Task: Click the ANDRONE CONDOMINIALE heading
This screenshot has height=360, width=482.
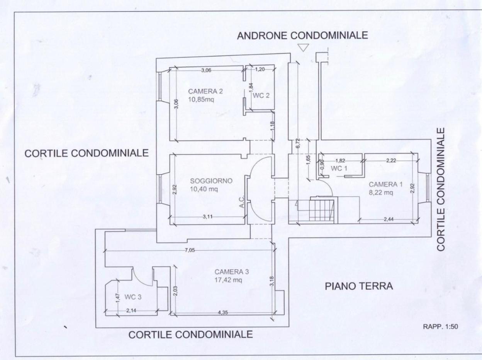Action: pyautogui.click(x=302, y=35)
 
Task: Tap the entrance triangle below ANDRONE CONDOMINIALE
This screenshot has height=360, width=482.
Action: pyautogui.click(x=303, y=48)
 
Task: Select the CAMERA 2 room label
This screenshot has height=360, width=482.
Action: pyautogui.click(x=205, y=91)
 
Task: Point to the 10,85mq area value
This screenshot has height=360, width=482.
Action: pyautogui.click(x=201, y=100)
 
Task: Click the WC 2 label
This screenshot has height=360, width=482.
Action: pyautogui.click(x=261, y=96)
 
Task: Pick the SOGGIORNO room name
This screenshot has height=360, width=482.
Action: pyautogui.click(x=211, y=181)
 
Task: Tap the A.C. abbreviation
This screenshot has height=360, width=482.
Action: pyautogui.click(x=241, y=202)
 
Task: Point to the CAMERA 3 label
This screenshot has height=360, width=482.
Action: pyautogui.click(x=232, y=272)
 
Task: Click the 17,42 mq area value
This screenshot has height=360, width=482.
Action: pyautogui.click(x=228, y=280)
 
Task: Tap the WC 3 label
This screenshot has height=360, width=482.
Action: pyautogui.click(x=133, y=297)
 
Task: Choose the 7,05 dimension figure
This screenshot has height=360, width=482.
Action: pyautogui.click(x=190, y=250)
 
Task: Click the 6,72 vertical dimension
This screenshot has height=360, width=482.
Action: pyautogui.click(x=298, y=143)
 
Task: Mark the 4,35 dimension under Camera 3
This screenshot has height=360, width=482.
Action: pyautogui.click(x=223, y=313)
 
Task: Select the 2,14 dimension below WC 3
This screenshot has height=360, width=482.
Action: pyautogui.click(x=131, y=311)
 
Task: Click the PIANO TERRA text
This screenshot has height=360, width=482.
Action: pyautogui.click(x=359, y=286)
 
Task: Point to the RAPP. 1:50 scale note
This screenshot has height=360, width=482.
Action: pyautogui.click(x=441, y=326)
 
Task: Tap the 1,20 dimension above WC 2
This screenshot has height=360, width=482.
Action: pyautogui.click(x=260, y=70)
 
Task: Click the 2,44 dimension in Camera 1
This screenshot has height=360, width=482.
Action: pyautogui.click(x=389, y=219)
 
